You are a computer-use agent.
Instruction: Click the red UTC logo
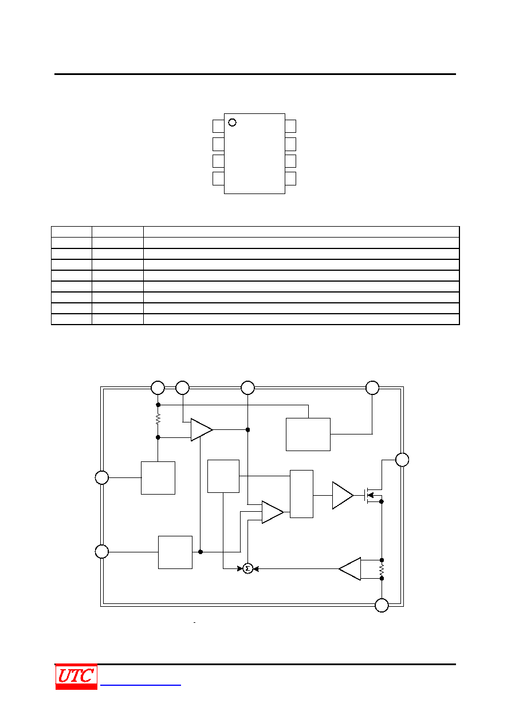76,677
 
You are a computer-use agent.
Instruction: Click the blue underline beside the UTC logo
140,685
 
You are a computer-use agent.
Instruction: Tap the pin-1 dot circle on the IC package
232,123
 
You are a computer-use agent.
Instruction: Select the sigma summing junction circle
247,568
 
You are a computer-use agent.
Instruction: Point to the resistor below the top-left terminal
158,419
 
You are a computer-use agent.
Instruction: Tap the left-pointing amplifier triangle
350,568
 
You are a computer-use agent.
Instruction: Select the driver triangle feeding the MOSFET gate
343,495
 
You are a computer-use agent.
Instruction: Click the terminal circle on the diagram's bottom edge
382,605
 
